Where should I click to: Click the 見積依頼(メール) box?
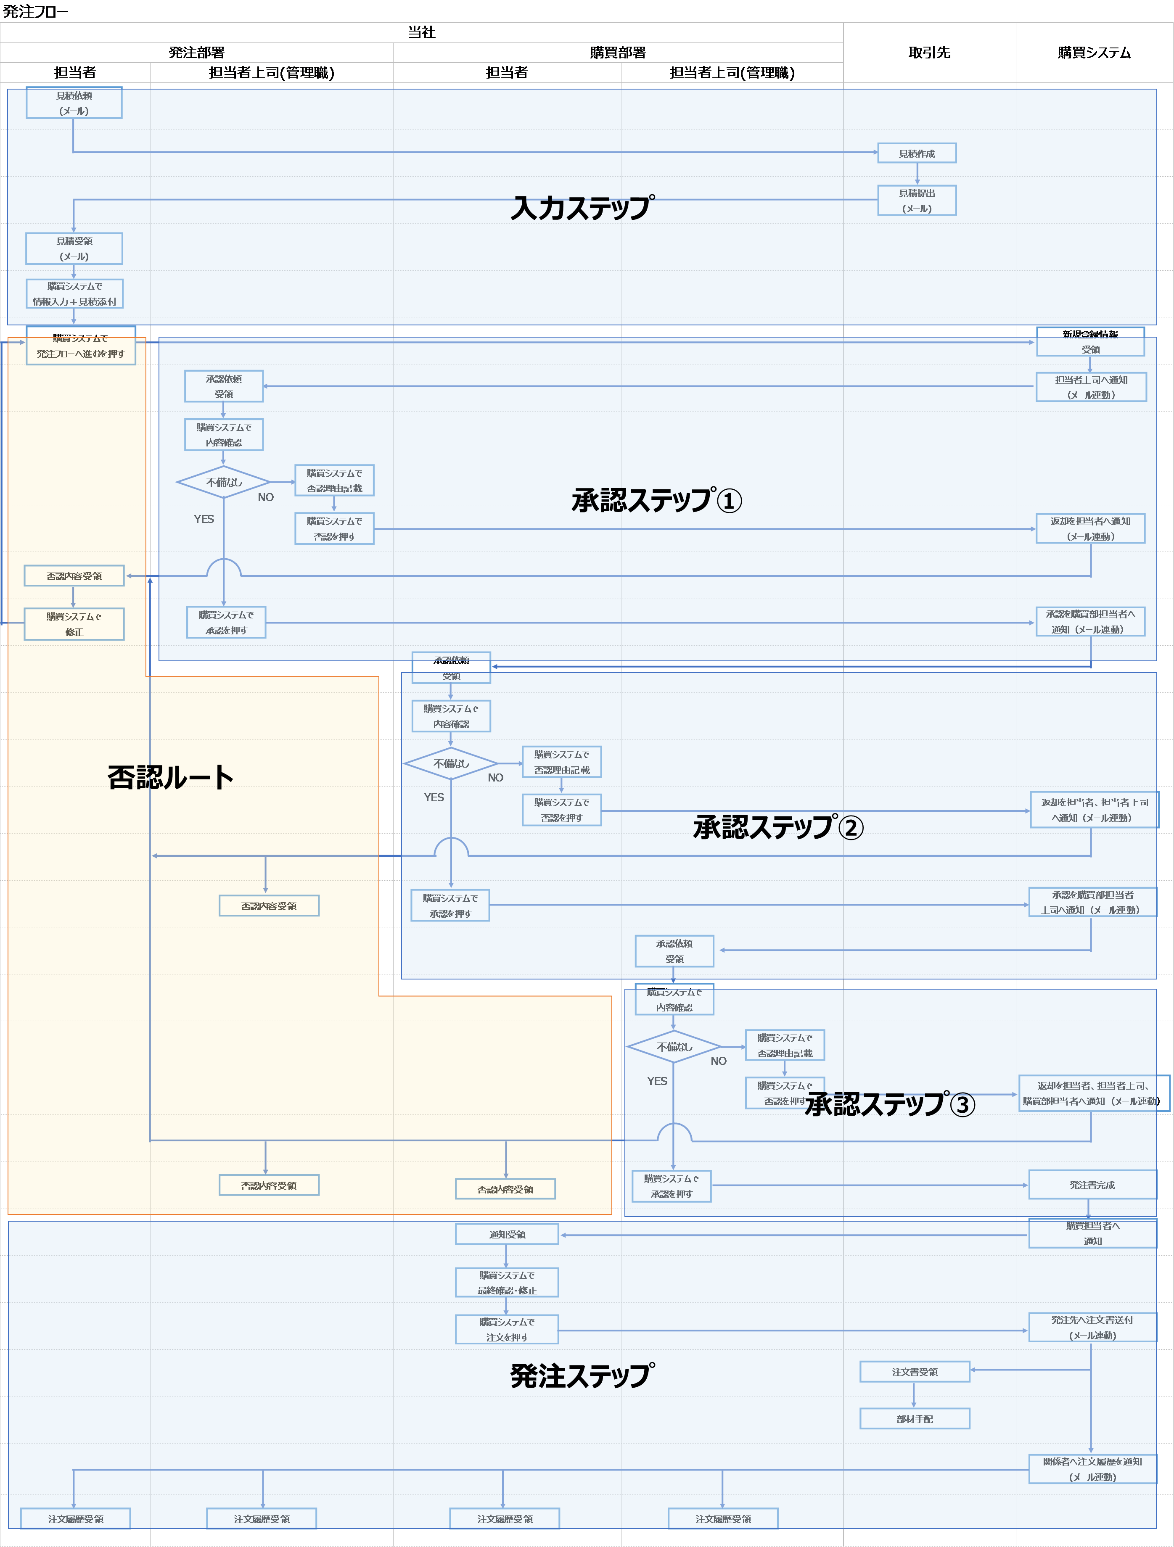[x=74, y=103]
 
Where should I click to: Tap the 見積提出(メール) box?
[x=917, y=201]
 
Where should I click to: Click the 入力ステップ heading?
[x=582, y=208]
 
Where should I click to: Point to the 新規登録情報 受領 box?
[x=1090, y=342]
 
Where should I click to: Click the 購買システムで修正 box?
[x=74, y=624]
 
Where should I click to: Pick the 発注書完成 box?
[x=1092, y=1185]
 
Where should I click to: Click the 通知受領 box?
[x=507, y=1234]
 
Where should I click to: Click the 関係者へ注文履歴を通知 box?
[x=1092, y=1469]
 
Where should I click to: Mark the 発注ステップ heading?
[x=582, y=1375]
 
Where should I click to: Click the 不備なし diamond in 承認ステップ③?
[x=674, y=1047]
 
